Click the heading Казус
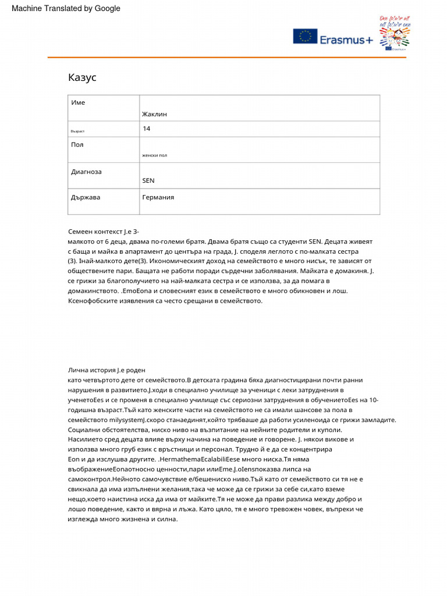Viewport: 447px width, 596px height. tap(82, 77)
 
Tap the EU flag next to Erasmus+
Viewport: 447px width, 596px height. tap(305, 37)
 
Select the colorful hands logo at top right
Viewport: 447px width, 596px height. tap(395, 34)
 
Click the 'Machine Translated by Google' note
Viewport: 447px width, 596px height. tap(66, 8)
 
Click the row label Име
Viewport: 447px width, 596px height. tap(78, 102)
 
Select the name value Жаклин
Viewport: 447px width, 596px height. tap(154, 114)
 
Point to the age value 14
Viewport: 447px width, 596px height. tap(146, 128)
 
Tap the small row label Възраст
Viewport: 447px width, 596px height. tap(77, 132)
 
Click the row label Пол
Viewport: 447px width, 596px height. tap(77, 144)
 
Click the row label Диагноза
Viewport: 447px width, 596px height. tap(86, 172)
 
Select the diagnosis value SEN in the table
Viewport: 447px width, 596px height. tap(148, 180)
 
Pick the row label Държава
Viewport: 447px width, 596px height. tap(86, 197)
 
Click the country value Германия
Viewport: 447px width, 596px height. tap(158, 197)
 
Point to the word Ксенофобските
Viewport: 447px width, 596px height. tap(95, 301)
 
